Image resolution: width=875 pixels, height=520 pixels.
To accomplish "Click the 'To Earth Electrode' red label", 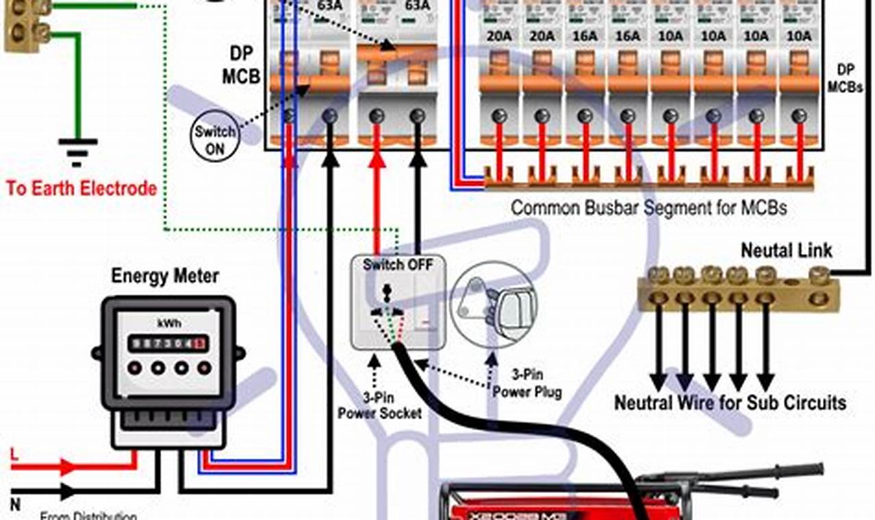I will click(81, 188).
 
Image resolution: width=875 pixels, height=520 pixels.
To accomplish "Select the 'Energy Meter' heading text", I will click(165, 276).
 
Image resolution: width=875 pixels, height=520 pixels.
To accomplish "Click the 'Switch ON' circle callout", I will click(214, 140).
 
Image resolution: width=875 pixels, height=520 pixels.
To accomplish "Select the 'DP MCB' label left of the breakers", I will click(241, 65).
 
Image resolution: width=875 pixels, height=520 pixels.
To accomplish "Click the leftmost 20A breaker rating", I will click(498, 35).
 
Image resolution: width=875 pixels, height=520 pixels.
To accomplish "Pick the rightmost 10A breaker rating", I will click(798, 35).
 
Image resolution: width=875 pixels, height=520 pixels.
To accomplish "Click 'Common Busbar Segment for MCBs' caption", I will click(649, 207).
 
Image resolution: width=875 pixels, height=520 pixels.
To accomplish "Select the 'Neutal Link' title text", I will click(787, 250).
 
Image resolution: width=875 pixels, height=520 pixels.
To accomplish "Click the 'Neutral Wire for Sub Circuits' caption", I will click(730, 402).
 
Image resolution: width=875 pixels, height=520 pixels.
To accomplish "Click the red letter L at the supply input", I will click(14, 454).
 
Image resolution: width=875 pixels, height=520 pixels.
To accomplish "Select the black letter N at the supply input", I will click(14, 505).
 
